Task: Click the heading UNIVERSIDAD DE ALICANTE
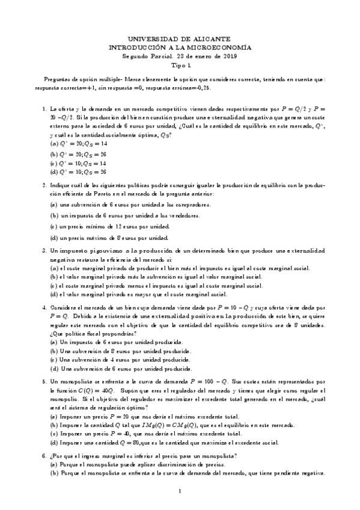click(180, 38)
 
